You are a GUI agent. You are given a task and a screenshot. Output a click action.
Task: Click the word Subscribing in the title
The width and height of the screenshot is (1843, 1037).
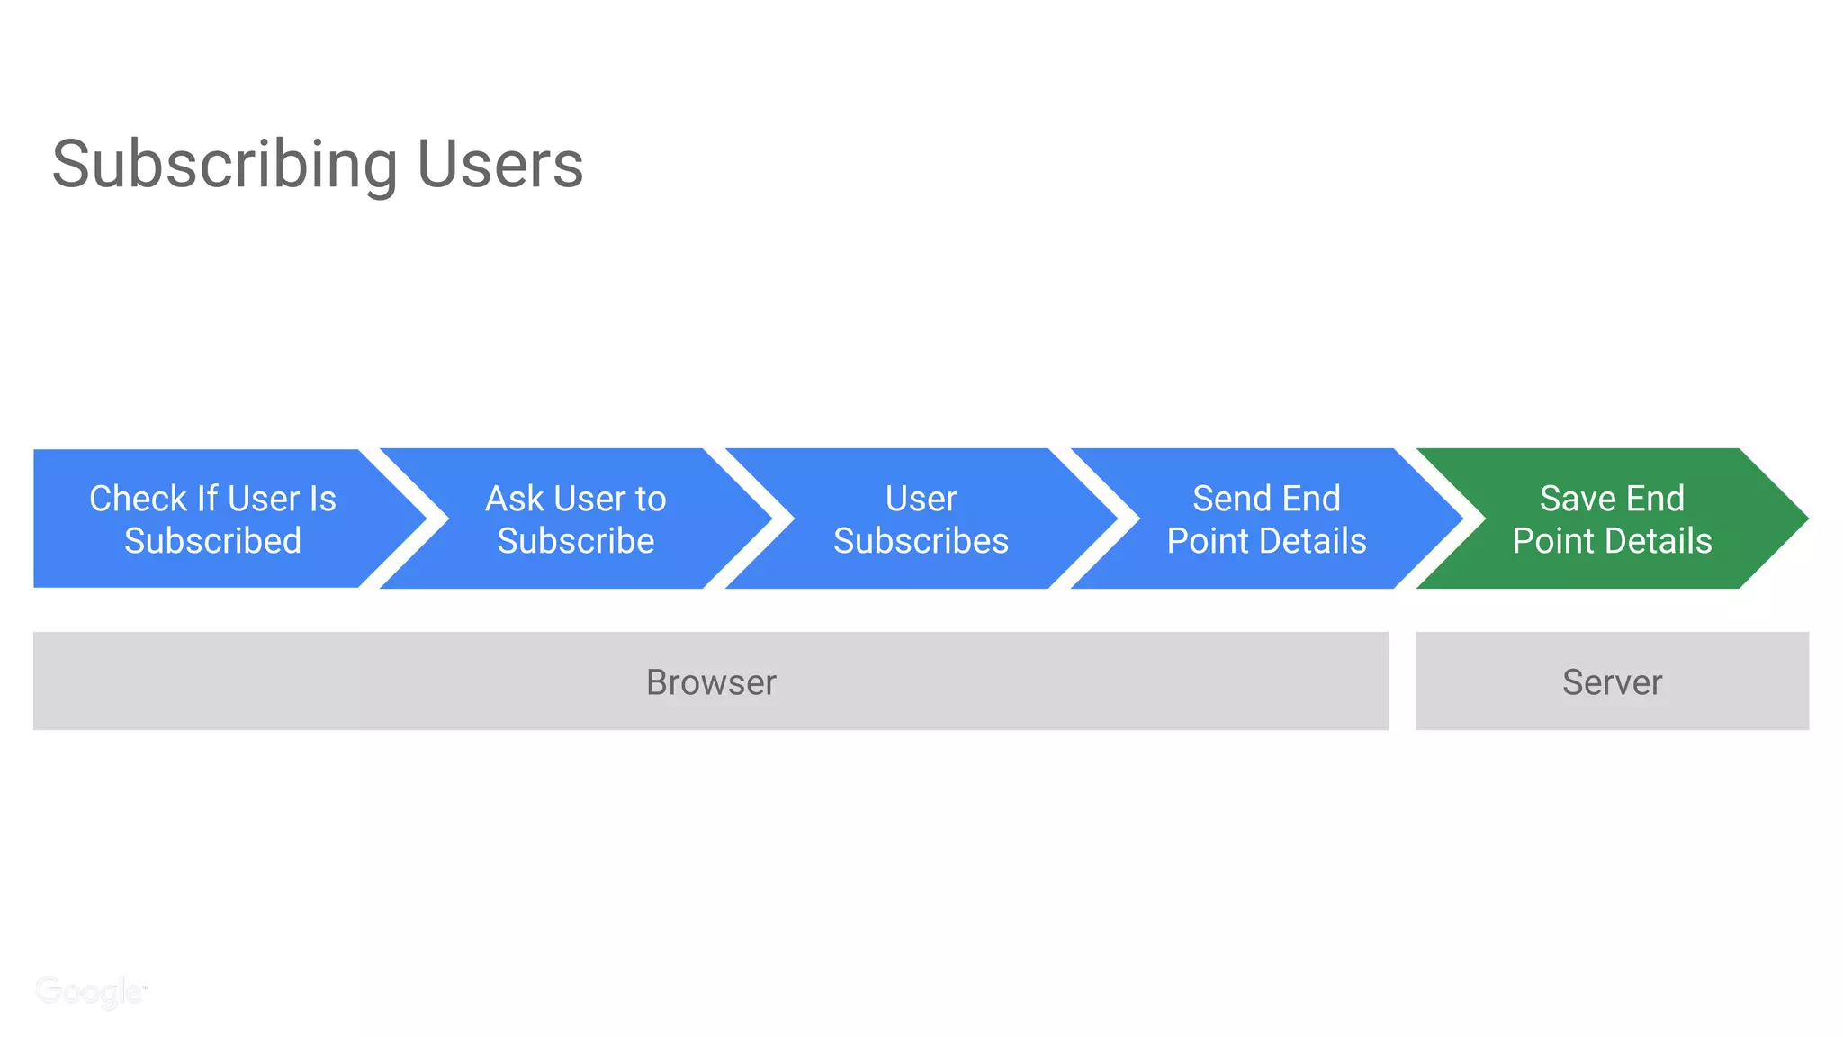224,166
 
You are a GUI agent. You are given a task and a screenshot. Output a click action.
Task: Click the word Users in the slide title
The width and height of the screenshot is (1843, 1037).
499,165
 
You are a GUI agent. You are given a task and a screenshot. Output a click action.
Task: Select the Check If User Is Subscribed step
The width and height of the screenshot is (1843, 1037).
213,518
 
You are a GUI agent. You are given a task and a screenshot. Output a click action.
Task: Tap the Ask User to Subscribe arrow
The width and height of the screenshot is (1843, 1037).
576,518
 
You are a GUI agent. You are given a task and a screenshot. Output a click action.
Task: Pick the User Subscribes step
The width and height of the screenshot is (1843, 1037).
921,518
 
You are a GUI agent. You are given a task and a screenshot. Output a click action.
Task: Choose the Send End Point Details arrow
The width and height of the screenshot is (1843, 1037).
1266,518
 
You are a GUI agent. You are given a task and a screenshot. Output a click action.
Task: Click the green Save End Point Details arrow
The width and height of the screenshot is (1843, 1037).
1612,518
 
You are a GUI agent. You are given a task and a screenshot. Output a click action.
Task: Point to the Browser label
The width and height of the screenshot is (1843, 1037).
711,682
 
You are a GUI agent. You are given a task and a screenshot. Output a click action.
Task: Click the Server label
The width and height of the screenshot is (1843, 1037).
1612,682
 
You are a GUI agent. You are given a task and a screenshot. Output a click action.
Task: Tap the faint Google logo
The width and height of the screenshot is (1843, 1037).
90,991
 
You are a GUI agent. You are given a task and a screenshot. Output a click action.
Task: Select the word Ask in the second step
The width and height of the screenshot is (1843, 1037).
515,498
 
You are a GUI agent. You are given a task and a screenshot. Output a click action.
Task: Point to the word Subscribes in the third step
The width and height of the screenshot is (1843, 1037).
921,541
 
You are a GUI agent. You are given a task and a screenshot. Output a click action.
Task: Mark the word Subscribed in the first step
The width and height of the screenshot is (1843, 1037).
213,541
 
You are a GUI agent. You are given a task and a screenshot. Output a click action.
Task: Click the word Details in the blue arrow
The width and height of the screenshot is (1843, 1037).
1317,541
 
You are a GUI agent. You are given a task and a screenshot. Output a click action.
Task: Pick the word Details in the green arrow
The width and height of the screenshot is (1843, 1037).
1662,541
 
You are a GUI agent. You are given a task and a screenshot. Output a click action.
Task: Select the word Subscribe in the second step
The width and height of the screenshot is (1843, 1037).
576,541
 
